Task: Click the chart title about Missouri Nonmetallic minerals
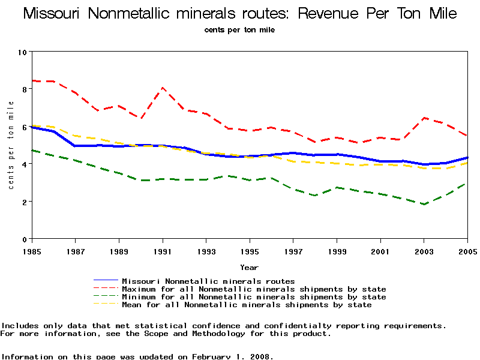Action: click(x=240, y=14)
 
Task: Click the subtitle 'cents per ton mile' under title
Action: click(x=239, y=29)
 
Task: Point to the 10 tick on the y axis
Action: click(x=23, y=52)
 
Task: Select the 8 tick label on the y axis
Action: click(x=23, y=89)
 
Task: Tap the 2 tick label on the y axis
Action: click(x=23, y=202)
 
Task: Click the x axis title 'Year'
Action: click(x=250, y=267)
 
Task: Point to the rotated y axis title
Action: click(x=11, y=146)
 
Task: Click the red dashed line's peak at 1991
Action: click(x=163, y=88)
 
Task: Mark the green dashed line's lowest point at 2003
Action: click(x=424, y=204)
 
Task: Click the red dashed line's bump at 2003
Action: click(x=424, y=118)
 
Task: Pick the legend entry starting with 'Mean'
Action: click(x=247, y=305)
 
